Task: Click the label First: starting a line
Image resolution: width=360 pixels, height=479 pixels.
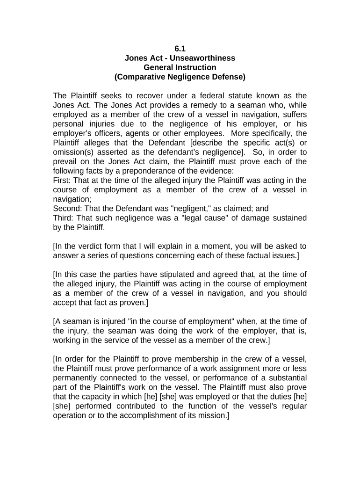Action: click(x=63, y=181)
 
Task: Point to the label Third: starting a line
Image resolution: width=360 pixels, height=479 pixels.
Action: click(x=64, y=218)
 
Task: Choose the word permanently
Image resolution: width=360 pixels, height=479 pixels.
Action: click(x=76, y=378)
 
